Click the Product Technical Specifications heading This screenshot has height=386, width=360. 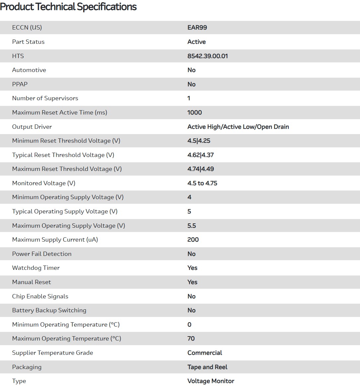coord(68,7)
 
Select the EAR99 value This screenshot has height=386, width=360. coord(197,28)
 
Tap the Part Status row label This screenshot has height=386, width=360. coord(28,42)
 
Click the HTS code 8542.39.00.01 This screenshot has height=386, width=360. coord(208,56)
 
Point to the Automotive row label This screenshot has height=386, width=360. coord(29,70)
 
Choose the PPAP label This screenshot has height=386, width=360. coord(20,84)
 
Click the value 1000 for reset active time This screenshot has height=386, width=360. coord(194,113)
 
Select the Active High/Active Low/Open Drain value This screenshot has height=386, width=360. coord(238,127)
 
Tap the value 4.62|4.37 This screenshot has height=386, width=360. coord(200,155)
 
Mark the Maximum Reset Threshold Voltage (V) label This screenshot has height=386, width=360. coord(67,169)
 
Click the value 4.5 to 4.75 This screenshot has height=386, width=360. coord(202,183)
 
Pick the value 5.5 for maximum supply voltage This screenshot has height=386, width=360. coord(192,226)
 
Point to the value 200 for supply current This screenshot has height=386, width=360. coord(193,240)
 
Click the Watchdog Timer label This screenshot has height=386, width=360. coord(36,268)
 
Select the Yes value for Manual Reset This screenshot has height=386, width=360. coord(192,282)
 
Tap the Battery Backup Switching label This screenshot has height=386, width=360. coord(49,310)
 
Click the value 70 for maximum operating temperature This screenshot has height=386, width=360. coord(191,339)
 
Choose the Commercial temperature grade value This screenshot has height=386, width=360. coord(205,353)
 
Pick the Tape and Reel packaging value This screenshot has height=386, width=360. coord(207,367)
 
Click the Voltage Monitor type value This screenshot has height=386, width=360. coord(211,381)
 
